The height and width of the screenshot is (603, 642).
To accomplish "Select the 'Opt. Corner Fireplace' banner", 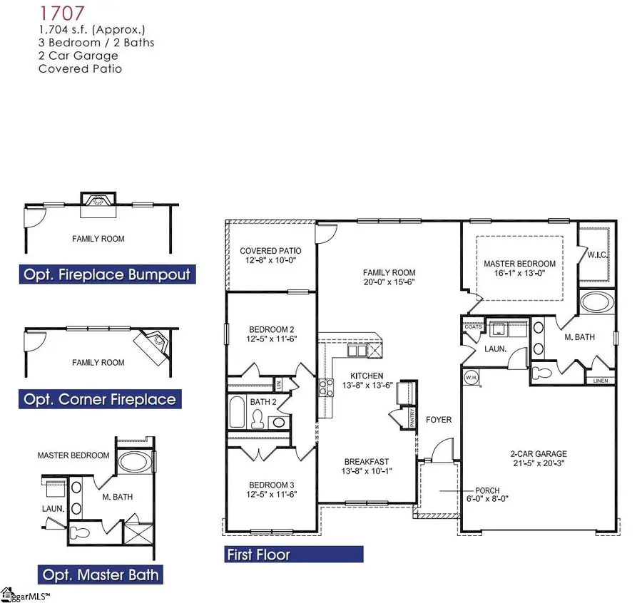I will tap(101, 399).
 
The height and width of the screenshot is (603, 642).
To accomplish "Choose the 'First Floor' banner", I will tap(292, 554).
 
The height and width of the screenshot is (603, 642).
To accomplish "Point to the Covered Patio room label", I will tap(270, 256).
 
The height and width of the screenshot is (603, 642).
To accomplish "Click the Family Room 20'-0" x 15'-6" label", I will tap(389, 277).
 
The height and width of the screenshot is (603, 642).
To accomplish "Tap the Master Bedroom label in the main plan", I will tap(519, 269).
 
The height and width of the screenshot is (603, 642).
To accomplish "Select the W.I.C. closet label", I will tap(596, 254).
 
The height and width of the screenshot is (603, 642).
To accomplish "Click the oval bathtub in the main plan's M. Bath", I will tap(597, 302).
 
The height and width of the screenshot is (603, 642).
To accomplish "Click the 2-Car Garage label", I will tap(539, 458).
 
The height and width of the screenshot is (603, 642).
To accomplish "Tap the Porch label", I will tap(488, 495).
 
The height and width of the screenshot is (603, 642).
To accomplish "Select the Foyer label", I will tap(439, 420).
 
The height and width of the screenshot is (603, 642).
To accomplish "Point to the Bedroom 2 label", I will tap(272, 334).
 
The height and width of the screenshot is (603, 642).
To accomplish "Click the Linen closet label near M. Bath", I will tap(601, 381).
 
